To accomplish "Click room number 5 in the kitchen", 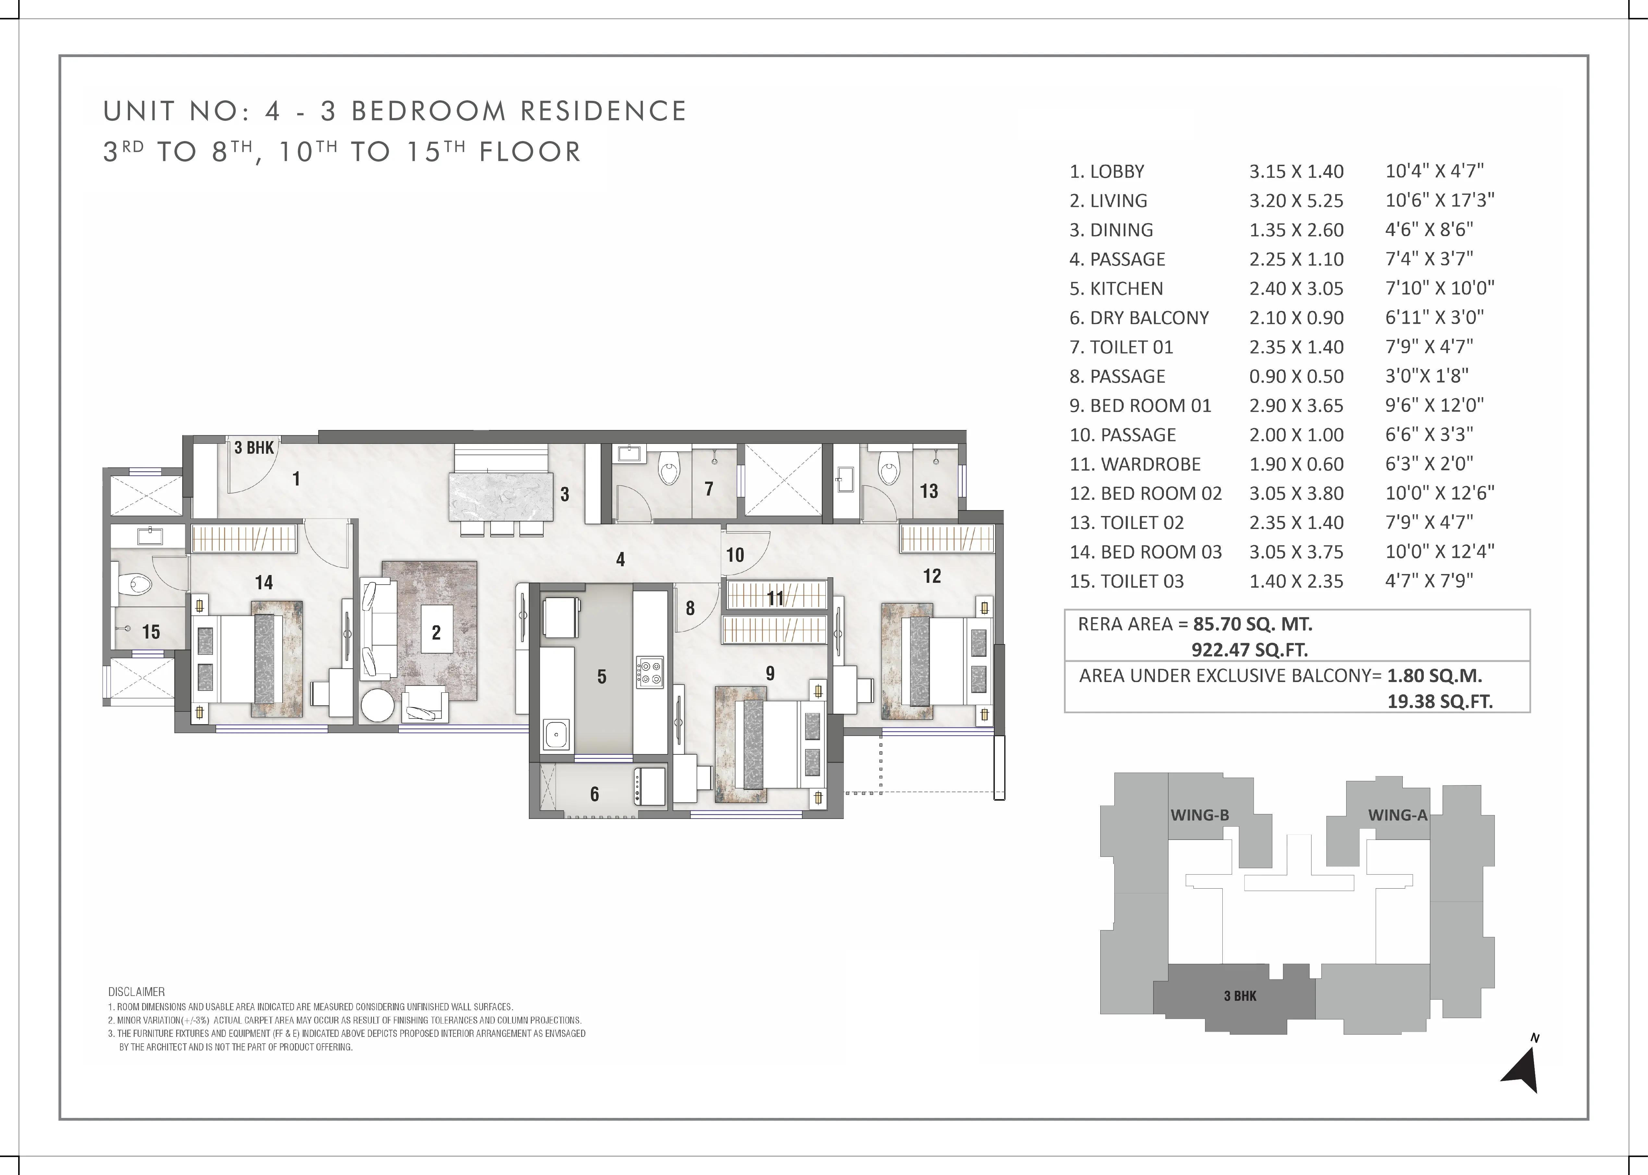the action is tap(602, 677).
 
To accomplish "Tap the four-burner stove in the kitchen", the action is tap(649, 671).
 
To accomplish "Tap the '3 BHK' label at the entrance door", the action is tap(254, 448).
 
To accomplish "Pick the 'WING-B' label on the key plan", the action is tap(1200, 815).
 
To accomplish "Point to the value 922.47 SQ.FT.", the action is tap(1250, 650).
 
